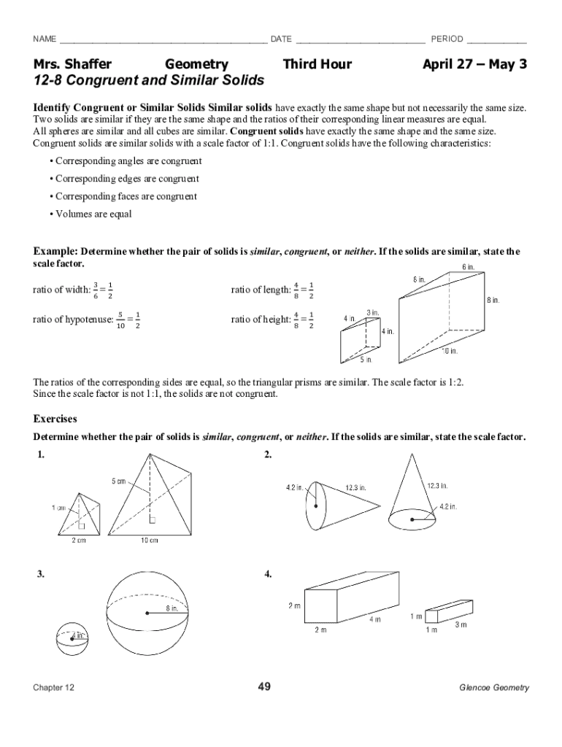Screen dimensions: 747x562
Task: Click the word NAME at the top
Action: [x=45, y=39]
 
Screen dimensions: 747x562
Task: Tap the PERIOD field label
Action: [x=447, y=39]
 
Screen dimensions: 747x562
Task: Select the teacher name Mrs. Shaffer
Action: [x=72, y=64]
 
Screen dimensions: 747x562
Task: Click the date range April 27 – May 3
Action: [x=474, y=64]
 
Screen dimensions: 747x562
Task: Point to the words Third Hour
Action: [x=317, y=64]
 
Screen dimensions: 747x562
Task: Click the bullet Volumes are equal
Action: [x=93, y=214]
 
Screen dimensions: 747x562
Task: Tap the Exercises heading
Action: [x=55, y=419]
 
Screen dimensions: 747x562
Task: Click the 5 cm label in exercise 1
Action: [x=119, y=481]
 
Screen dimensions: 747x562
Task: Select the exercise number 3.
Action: [x=41, y=574]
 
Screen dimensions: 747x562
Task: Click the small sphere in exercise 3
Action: [x=72, y=636]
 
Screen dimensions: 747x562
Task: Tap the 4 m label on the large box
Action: [x=374, y=619]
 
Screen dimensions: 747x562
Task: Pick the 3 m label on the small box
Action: [x=461, y=625]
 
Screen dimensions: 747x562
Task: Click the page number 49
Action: [x=264, y=686]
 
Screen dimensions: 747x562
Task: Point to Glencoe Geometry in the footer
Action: [x=493, y=688]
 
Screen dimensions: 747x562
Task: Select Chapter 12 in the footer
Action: [x=53, y=688]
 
